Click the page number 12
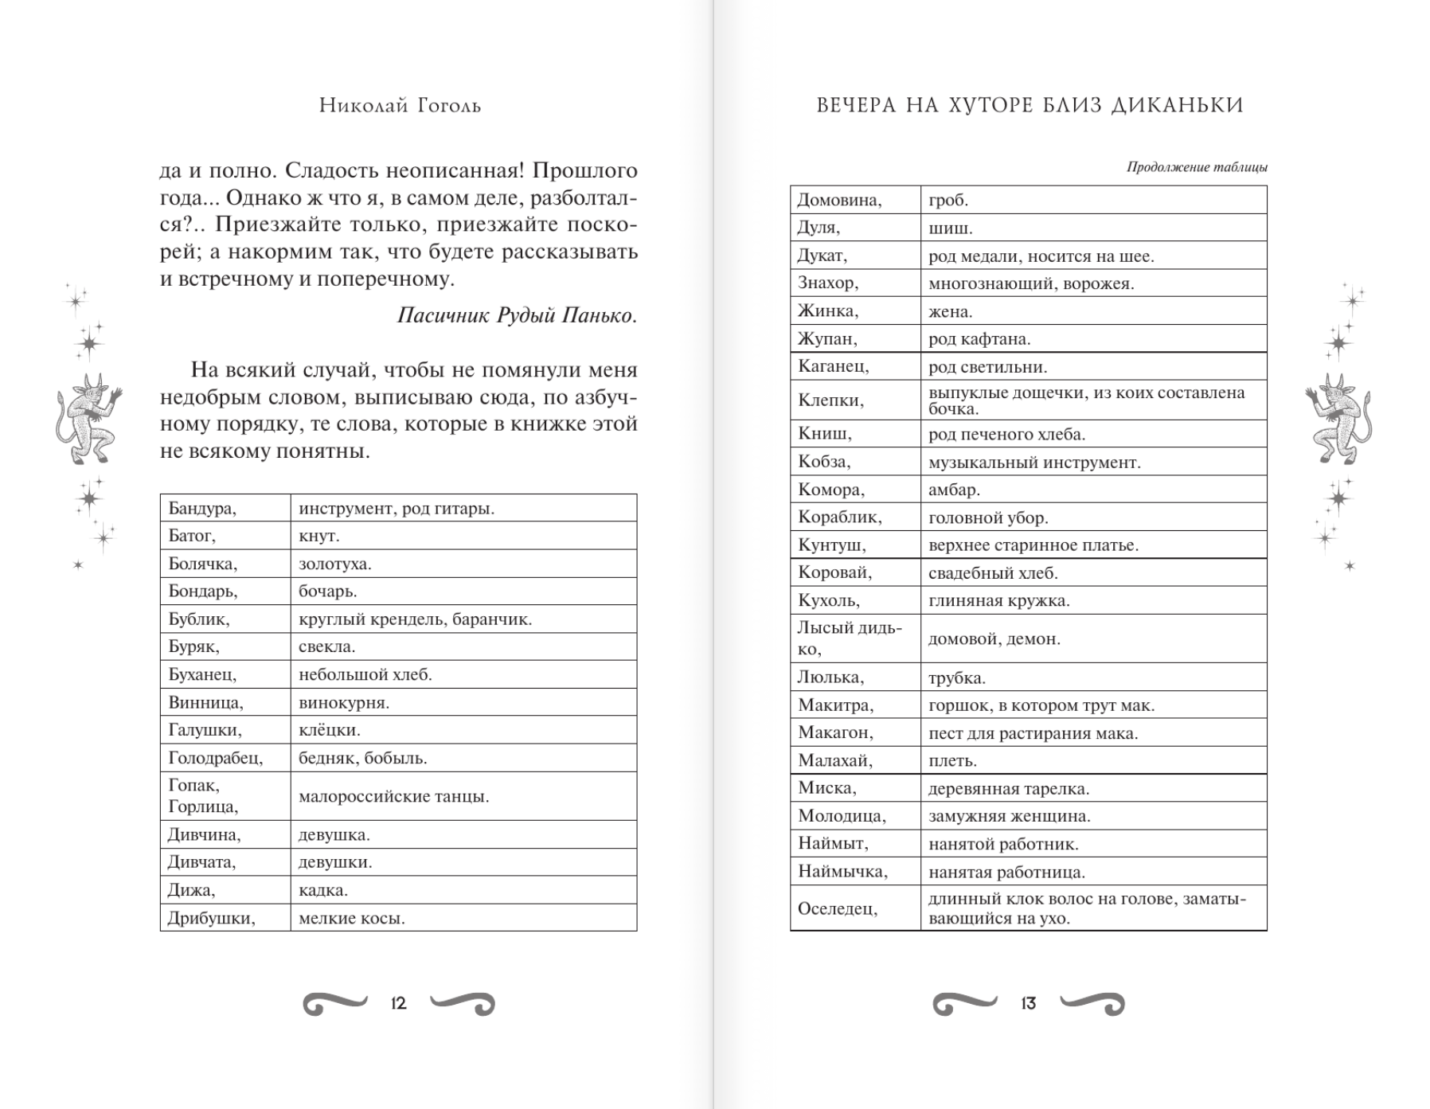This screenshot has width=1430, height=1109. click(399, 1004)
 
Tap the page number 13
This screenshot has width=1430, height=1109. click(1028, 1004)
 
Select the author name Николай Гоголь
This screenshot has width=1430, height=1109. click(400, 106)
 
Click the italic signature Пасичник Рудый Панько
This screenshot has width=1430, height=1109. click(517, 315)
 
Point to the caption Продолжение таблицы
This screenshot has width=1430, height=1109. click(1196, 167)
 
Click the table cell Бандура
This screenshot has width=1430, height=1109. click(202, 509)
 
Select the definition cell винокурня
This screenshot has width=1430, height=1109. click(344, 703)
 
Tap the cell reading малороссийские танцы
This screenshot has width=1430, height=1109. click(393, 796)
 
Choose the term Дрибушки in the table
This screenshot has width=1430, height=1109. click(212, 918)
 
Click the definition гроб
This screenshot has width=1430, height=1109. click(948, 201)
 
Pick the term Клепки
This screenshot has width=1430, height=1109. click(830, 400)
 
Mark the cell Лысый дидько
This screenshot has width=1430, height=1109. click(850, 638)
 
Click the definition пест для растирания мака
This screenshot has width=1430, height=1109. click(1033, 733)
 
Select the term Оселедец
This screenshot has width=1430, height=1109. click(838, 909)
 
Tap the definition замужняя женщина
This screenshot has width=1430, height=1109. click(1009, 816)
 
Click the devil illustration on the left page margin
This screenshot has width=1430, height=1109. click(87, 419)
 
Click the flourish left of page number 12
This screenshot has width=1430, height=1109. click(335, 1004)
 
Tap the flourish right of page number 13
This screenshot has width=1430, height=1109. click(1092, 1004)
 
